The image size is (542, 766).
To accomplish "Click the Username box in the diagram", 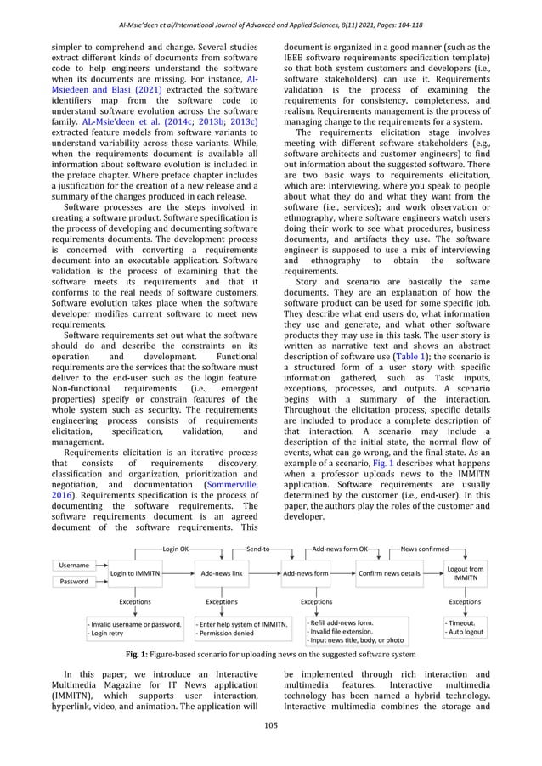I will [x=72, y=565].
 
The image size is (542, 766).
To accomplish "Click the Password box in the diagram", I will [x=72, y=583].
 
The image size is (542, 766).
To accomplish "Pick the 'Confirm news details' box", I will [x=389, y=574].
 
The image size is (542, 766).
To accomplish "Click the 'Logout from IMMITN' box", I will [x=465, y=573].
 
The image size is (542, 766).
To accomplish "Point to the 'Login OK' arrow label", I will [x=176, y=550].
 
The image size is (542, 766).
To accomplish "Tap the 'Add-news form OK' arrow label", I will [x=341, y=550].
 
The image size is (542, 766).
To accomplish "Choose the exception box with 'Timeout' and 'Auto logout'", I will [x=465, y=628].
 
